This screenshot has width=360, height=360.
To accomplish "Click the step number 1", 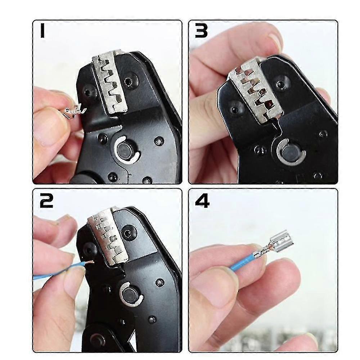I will pos(42,31).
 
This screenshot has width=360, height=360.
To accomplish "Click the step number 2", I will pos(46,200).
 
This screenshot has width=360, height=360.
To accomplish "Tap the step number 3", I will pos(201,31).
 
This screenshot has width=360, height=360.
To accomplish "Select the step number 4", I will pos(202,200).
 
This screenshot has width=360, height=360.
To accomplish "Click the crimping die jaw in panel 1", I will pos(108,85).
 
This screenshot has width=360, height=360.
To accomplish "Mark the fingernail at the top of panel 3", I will pos(275,41).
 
